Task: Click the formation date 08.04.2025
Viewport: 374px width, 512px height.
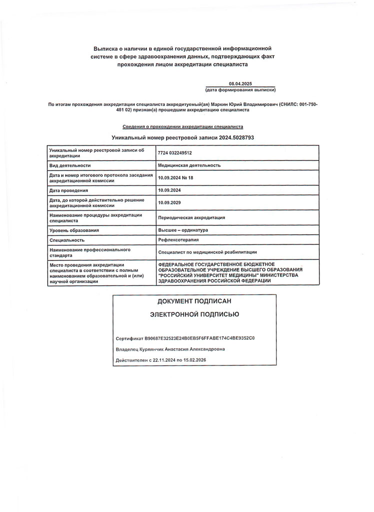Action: [x=240, y=84]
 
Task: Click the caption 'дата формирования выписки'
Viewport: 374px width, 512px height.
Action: [x=240, y=90]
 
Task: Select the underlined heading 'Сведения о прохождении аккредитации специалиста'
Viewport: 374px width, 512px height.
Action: [x=183, y=127]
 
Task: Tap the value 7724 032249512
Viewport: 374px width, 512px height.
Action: [x=175, y=153]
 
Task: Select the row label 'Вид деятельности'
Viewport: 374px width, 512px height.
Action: [x=69, y=165]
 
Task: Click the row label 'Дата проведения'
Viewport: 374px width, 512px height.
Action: [x=68, y=190]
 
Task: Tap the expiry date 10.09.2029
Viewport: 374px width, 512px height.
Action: [x=169, y=202]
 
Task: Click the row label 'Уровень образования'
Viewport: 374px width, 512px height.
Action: [x=74, y=230]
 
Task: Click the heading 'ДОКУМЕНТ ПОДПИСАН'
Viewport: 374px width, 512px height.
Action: [x=194, y=301]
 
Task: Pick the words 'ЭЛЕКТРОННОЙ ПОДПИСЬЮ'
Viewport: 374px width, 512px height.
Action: [x=194, y=314]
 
